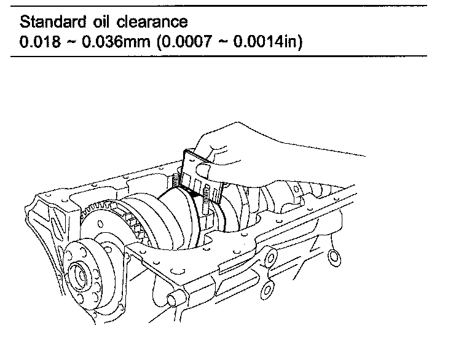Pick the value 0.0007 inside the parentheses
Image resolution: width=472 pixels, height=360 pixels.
[176, 44]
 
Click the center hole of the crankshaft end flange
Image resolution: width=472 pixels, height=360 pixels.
[79, 270]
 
